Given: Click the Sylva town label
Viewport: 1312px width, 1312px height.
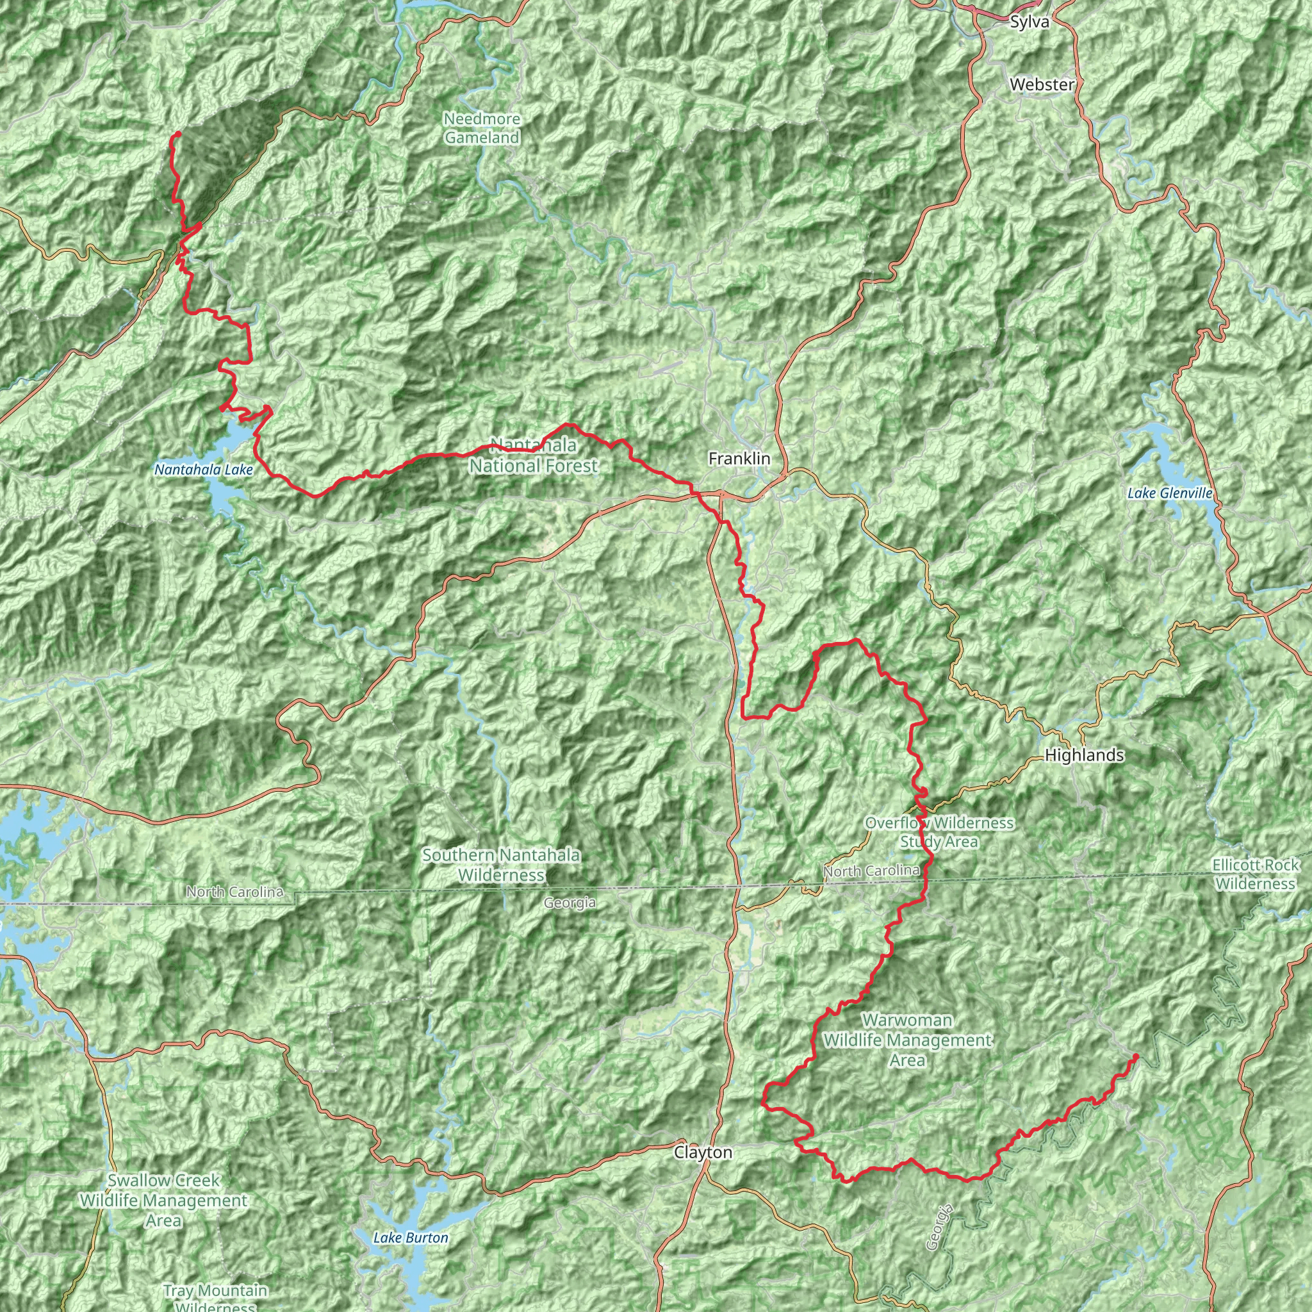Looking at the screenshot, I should [1029, 22].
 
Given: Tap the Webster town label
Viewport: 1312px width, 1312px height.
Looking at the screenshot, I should [1042, 85].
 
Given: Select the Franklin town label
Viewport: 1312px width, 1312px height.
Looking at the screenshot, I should [739, 459].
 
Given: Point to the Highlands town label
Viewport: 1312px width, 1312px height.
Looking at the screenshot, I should [1084, 755].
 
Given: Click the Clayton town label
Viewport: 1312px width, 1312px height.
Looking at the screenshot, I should [703, 1153].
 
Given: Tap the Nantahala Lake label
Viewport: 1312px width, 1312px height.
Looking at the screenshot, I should [203, 470].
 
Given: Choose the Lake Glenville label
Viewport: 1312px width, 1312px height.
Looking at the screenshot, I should [1170, 494].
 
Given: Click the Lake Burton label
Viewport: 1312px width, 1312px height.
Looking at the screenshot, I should [411, 1219].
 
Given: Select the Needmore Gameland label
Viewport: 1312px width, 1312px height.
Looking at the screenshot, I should [482, 128].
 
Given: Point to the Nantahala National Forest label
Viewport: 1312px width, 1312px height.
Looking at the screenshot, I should [534, 455].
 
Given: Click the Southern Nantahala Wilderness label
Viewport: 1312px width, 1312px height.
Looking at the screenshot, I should [501, 865].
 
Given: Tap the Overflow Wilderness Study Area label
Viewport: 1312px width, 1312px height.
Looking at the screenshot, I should [939, 833].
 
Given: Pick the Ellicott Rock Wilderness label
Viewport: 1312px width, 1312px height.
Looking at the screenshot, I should [1256, 874].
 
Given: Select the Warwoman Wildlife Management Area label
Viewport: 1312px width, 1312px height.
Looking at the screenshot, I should [907, 1040].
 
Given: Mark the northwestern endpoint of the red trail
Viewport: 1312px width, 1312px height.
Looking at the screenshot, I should [177, 134].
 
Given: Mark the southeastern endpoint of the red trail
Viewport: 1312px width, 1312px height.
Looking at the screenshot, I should [1136, 1056].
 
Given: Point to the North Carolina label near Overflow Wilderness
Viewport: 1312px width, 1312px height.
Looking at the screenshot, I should [871, 871].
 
